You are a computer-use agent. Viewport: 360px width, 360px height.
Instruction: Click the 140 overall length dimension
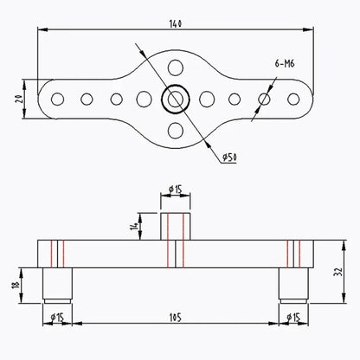click(176, 23)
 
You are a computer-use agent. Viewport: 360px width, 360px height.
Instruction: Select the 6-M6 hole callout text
click(285, 63)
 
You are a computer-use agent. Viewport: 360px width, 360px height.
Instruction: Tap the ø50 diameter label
click(229, 157)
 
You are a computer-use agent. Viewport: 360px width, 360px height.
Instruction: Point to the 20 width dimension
click(18, 100)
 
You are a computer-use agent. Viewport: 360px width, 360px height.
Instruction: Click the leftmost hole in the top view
click(57, 99)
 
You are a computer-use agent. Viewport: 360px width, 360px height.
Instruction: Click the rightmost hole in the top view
click(293, 99)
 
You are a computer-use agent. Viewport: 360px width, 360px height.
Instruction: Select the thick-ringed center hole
click(175, 99)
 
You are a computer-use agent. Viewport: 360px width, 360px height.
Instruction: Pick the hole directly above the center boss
click(176, 67)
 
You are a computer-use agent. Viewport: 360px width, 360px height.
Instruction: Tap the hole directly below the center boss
click(176, 131)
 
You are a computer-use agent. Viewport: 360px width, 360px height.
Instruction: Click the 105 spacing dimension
click(176, 318)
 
